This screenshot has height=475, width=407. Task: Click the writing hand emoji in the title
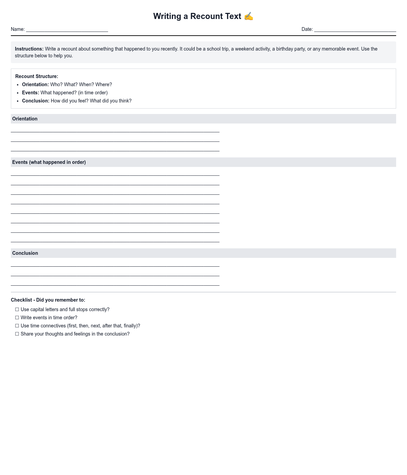point(249,16)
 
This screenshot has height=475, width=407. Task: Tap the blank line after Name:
point(67,30)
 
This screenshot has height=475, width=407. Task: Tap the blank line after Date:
point(355,30)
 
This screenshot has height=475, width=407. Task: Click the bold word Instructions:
point(29,49)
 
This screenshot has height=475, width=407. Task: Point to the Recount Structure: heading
point(37,76)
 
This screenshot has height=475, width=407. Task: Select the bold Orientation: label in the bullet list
point(35,84)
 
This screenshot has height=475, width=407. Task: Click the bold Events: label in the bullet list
point(31,93)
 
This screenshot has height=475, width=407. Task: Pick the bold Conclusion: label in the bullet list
point(36,101)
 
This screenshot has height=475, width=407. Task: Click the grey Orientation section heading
point(25,119)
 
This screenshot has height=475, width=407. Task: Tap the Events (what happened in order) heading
point(49,162)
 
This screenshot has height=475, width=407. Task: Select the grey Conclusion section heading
point(25,253)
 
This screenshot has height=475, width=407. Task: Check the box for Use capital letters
point(17,309)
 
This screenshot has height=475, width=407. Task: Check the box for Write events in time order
point(17,318)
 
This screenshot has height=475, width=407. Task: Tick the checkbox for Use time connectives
point(17,326)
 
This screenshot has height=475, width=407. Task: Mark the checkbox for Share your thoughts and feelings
point(17,334)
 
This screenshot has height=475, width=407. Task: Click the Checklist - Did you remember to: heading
point(48,300)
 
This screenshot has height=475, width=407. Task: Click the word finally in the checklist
point(129,326)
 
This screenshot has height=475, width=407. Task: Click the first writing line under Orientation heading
point(115,131)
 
